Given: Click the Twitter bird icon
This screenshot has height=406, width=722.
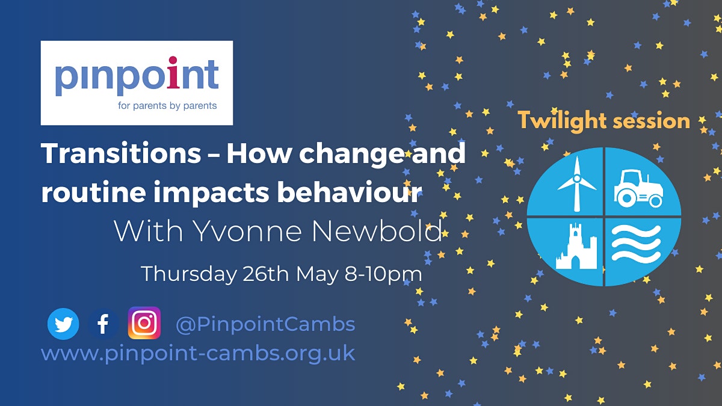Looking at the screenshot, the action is coord(63,324).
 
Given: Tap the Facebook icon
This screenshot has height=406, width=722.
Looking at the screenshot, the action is coord(103,324).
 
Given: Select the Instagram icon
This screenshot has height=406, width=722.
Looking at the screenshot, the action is coord(144,323).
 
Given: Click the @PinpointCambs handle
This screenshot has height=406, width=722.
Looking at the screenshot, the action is coord(265,324).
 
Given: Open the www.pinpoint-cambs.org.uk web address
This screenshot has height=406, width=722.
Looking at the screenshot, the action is coord(198,353).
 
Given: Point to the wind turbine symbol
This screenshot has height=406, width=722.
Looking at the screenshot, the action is coord(576,184).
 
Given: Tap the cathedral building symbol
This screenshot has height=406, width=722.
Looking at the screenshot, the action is coord(576,246).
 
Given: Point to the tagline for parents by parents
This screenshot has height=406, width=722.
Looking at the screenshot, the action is coord(167,106).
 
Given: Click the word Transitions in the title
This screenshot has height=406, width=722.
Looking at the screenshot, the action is coord(121,153).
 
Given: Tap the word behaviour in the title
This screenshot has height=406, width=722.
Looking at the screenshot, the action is coord(350,192).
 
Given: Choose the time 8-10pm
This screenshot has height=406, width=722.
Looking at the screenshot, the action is coord(383,274).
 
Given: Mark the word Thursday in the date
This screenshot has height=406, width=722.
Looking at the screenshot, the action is coord(188,274).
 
